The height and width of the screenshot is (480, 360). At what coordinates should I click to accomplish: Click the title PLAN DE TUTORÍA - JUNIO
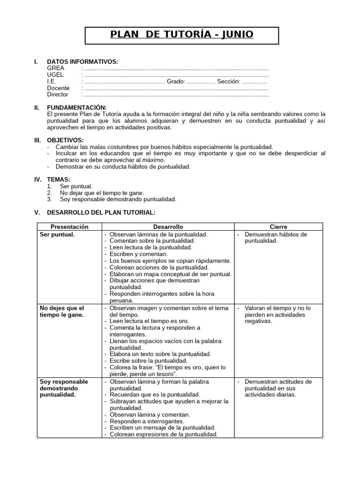click(181, 35)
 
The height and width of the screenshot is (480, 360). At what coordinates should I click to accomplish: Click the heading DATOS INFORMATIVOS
click(82, 62)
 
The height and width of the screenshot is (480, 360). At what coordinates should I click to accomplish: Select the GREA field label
click(56, 68)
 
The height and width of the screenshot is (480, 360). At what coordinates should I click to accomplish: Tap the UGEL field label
click(55, 75)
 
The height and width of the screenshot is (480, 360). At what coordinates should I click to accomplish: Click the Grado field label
click(176, 82)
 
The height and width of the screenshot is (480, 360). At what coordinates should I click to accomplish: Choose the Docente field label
click(58, 88)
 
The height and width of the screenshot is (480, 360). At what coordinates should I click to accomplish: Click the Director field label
click(58, 95)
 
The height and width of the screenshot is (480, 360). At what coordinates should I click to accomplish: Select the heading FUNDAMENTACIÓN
click(77, 108)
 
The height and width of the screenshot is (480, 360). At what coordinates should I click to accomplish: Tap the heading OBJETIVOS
click(66, 140)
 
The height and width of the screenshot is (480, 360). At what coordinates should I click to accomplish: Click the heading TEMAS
click(59, 180)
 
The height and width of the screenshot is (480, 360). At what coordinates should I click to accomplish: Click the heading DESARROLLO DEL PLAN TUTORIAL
click(101, 212)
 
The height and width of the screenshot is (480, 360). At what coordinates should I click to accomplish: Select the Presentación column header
click(69, 226)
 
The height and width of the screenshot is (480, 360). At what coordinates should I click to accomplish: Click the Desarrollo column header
click(168, 226)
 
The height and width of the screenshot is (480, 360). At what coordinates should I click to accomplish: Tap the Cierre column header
click(278, 226)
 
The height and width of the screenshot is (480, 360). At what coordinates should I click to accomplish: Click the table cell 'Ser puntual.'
click(57, 234)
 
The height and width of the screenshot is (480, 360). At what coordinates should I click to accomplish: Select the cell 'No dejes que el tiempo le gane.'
click(62, 311)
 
